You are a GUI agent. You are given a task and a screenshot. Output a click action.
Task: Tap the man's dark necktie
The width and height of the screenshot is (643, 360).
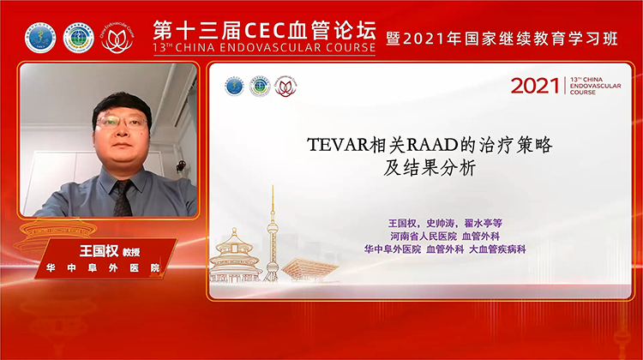(x=122, y=195)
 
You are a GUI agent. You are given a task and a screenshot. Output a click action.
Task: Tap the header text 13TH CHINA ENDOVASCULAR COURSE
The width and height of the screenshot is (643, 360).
(x=263, y=48)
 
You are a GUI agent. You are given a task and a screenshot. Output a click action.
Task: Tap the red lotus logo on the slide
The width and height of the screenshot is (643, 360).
(x=285, y=87)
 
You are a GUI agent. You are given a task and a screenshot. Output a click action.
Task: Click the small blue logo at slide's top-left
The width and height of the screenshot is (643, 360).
(x=233, y=87)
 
